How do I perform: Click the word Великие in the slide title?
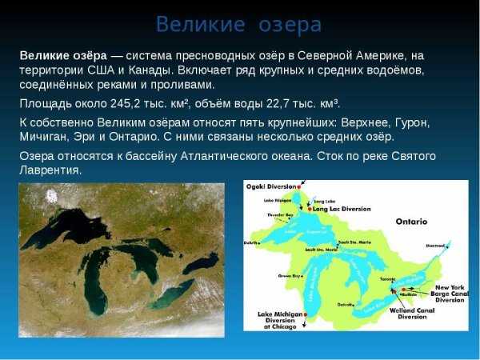tap(201, 25)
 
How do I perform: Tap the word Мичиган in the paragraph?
tap(46, 138)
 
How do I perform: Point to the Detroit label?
tap(346, 305)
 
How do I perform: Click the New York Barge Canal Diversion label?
tap(449, 294)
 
